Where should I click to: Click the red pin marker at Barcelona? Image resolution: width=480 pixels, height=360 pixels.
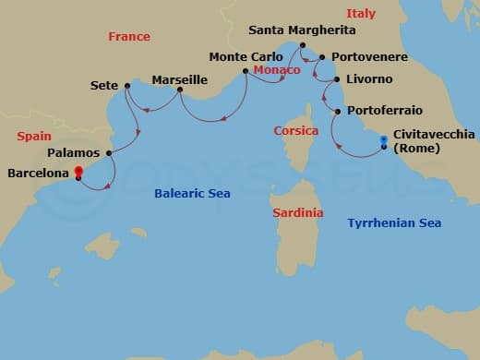[x=78, y=171]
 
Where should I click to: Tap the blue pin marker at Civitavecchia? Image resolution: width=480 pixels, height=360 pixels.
[x=384, y=141]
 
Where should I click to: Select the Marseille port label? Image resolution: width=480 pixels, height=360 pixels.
[x=179, y=80]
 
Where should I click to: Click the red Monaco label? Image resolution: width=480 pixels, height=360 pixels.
[x=276, y=70]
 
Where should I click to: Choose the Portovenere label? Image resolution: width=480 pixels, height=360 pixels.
[x=369, y=57]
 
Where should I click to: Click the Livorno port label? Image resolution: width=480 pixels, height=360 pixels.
[x=367, y=80]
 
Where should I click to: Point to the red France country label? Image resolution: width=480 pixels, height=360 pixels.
[x=128, y=37]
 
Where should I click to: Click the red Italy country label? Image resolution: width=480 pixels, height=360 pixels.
[x=361, y=14]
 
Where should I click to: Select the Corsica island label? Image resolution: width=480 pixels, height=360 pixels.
[x=296, y=131]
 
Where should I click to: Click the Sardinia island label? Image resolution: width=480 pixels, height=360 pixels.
[x=298, y=213]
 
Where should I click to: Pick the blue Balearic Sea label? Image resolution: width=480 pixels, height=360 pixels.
[x=192, y=194]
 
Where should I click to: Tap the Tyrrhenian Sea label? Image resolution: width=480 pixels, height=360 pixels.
[x=394, y=223]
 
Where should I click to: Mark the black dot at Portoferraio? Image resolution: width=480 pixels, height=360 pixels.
[x=338, y=112]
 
